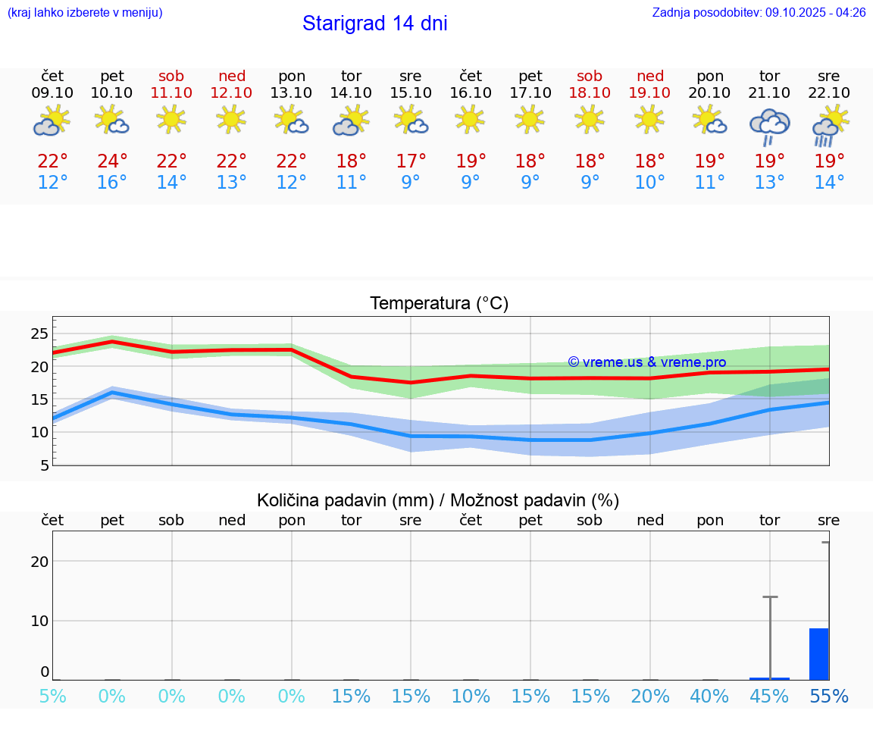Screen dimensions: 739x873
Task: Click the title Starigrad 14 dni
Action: coord(374,23)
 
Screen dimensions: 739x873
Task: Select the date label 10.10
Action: coord(111,93)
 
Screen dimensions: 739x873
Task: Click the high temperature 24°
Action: coord(111,161)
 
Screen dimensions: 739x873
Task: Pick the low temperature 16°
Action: coord(111,183)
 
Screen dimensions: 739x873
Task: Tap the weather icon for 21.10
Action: coord(769,127)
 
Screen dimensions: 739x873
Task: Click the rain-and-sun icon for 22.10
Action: coord(829,126)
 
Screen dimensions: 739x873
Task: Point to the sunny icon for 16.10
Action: coord(470,119)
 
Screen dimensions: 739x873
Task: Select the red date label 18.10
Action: coord(590,93)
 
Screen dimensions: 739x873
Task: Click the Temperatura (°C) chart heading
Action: coord(439,304)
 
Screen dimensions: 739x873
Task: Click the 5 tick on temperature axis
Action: coord(44,465)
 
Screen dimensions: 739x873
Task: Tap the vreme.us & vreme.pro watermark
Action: coord(646,362)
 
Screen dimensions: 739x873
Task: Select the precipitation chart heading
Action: coord(437,500)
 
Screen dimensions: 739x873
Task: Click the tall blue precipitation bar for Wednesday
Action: coord(818,654)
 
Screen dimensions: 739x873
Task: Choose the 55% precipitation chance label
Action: coord(829,697)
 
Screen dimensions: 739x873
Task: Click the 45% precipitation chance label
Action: coord(769,697)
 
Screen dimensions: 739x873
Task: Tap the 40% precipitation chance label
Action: coord(709,697)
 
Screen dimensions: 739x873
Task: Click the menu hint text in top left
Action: coord(84,13)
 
